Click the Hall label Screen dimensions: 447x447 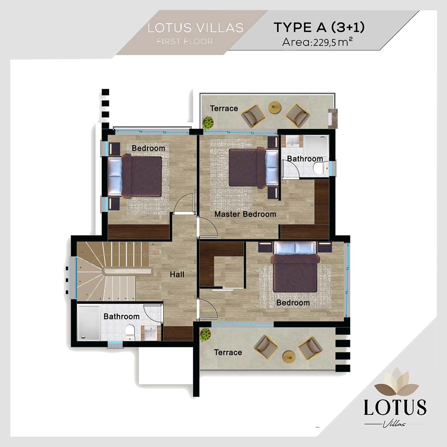(x=177, y=274)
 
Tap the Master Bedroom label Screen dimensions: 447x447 (x=245, y=214)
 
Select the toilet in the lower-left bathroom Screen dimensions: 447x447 (x=130, y=332)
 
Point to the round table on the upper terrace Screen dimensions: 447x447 (x=275, y=108)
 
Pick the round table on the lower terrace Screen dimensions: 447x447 (x=289, y=357)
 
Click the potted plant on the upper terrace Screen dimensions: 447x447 (x=208, y=123)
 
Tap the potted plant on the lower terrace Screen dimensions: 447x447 (x=205, y=334)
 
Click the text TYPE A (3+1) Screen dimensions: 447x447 (x=319, y=27)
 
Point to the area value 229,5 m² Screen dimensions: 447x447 (x=333, y=42)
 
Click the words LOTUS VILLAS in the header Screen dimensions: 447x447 (x=195, y=28)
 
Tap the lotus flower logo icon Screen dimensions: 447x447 (x=396, y=382)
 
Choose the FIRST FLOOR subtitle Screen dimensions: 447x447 (x=185, y=41)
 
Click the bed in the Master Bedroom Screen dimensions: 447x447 (x=254, y=168)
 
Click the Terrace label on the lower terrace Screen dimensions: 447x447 (x=228, y=352)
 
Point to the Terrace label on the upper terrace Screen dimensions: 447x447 (x=224, y=108)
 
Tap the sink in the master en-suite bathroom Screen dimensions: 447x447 (x=292, y=141)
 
